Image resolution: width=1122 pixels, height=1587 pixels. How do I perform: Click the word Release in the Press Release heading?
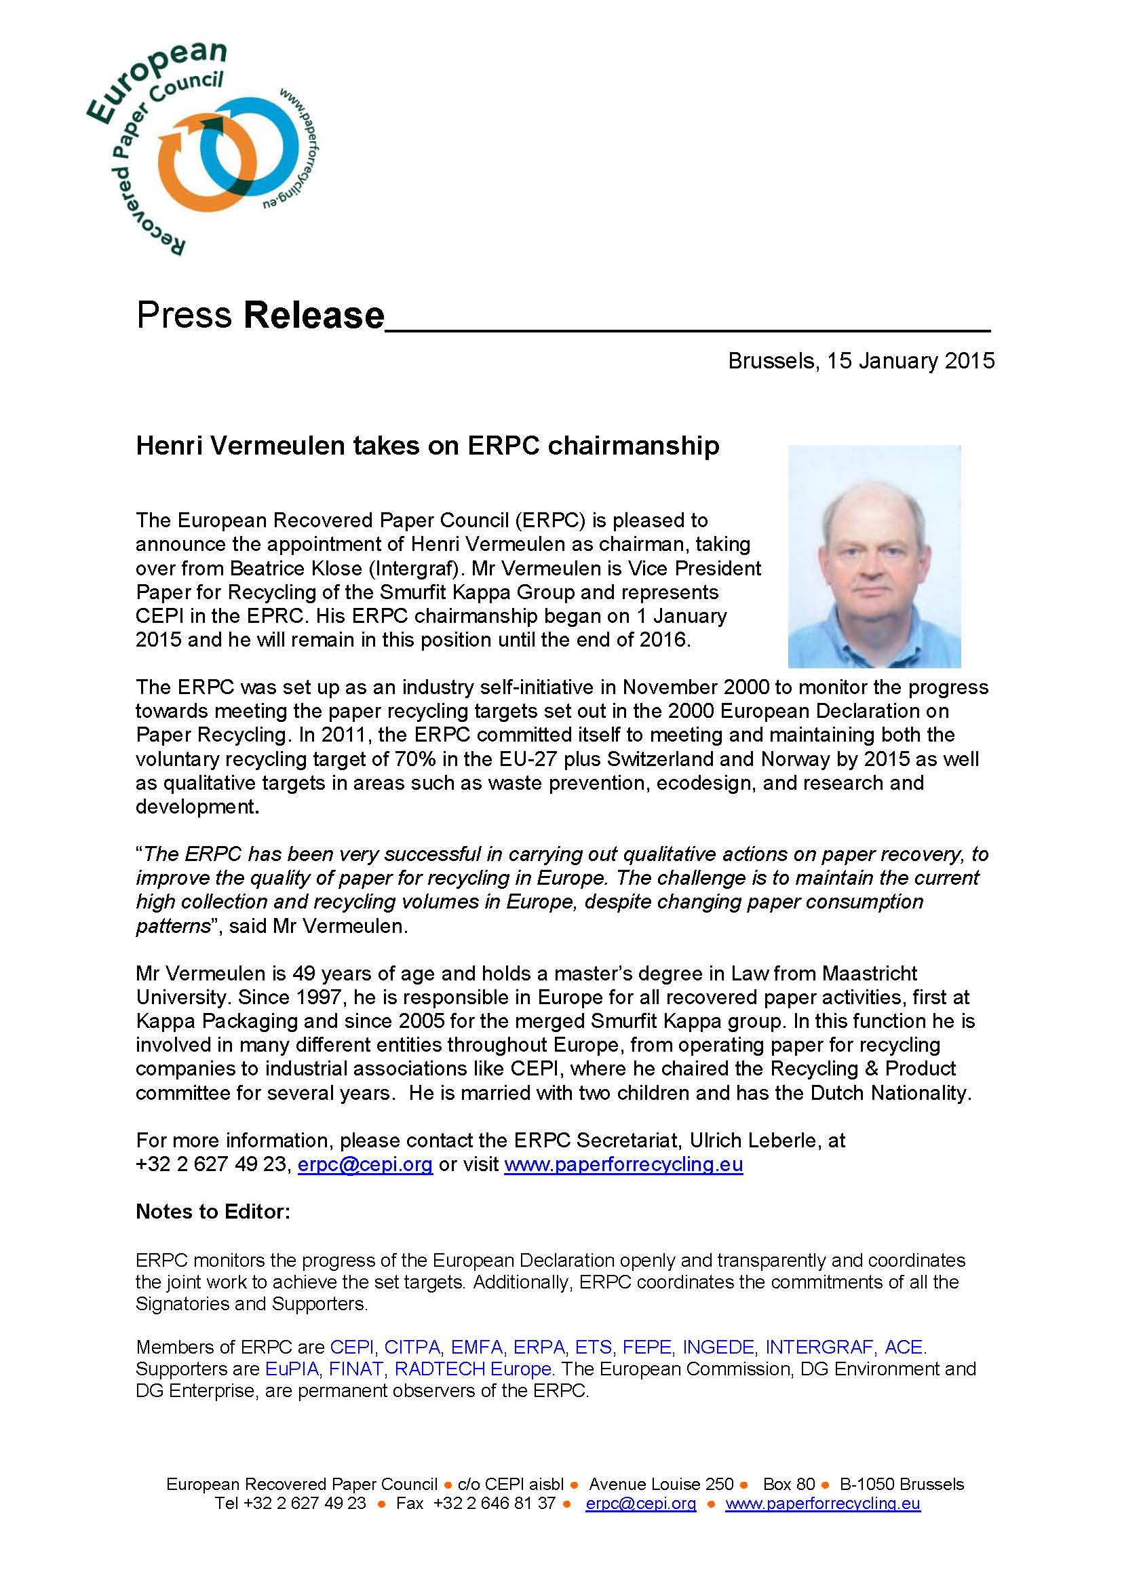[313, 316]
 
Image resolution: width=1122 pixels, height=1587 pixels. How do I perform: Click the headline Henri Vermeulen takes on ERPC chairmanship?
[427, 446]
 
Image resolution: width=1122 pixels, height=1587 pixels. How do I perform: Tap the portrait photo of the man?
[874, 556]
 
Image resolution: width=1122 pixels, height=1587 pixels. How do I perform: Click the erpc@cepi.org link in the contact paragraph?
[365, 1165]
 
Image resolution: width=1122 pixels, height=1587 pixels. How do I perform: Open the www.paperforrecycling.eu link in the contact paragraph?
[623, 1165]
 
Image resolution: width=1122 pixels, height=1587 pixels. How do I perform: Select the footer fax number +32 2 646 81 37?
[494, 1504]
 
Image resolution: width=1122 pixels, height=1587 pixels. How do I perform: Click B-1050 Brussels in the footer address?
[902, 1483]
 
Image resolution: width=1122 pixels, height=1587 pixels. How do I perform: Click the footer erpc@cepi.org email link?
[640, 1504]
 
